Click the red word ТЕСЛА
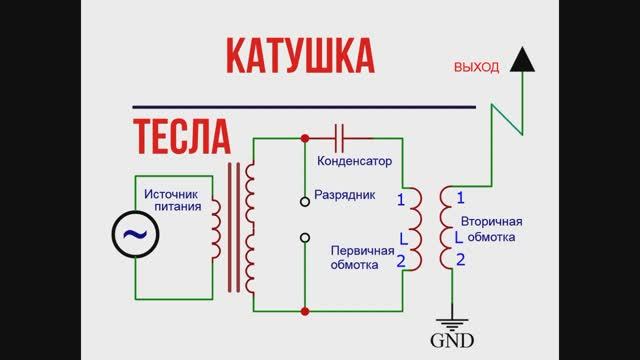[x=181, y=135]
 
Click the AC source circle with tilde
[x=133, y=235]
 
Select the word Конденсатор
[x=353, y=160]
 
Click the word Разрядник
[x=344, y=195]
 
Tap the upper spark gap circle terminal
[x=305, y=200]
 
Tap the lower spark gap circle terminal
[x=305, y=238]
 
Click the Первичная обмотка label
[x=355, y=259]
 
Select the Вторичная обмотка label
[x=491, y=230]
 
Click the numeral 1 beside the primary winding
[x=401, y=200]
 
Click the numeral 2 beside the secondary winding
[x=460, y=261]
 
